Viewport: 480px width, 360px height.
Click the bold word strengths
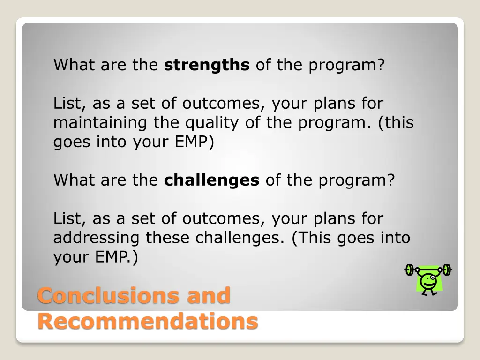[x=206, y=65]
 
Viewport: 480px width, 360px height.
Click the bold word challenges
[x=211, y=180]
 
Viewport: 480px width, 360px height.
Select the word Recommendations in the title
[x=148, y=322]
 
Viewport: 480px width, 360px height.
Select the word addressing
[x=96, y=238]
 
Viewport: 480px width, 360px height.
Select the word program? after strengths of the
[x=346, y=65]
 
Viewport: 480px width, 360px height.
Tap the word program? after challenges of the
[x=356, y=180]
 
